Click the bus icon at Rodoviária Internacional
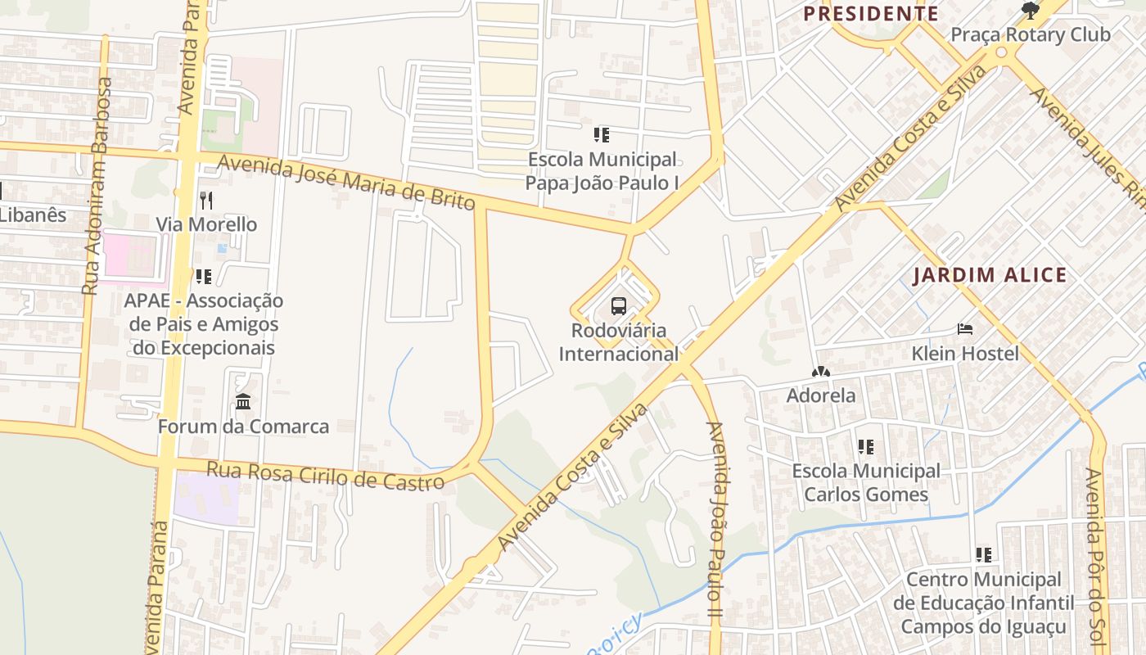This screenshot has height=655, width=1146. tap(619, 307)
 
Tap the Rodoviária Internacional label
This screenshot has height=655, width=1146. tap(619, 342)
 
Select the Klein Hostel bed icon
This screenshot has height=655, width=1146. tap(965, 329)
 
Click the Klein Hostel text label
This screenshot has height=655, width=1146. tap(965, 354)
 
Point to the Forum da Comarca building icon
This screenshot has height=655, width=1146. tap(243, 402)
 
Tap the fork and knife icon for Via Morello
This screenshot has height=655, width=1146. tap(206, 200)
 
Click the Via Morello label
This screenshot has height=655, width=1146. tap(206, 224)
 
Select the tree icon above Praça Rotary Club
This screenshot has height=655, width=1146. tap(1031, 11)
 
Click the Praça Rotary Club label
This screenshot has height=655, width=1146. tap(1030, 34)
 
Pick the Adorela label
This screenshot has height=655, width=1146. tap(821, 395)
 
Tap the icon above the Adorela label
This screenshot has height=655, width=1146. tap(821, 372)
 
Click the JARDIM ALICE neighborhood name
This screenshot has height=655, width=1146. tap(990, 275)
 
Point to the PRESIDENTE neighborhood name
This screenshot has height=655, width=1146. tap(871, 14)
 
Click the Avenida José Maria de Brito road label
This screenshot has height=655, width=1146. tap(346, 183)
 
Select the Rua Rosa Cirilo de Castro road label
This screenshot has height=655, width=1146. tap(325, 476)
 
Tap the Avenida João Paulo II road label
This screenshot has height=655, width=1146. tap(716, 520)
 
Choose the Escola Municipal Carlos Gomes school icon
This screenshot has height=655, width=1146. tap(866, 447)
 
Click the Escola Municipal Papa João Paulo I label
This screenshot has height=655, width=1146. tap(602, 170)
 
